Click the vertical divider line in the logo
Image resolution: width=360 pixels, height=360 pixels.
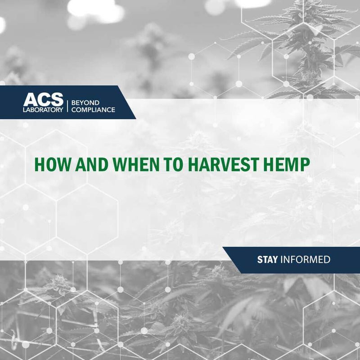coord(67,105)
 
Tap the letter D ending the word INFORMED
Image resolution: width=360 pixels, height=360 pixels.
coord(328,260)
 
